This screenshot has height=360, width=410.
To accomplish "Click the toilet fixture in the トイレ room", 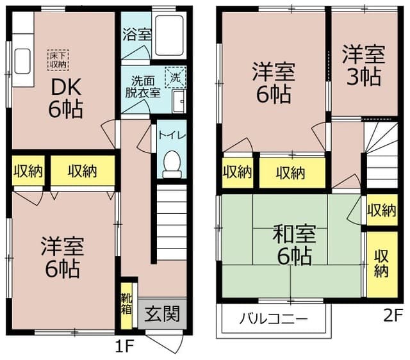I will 171,164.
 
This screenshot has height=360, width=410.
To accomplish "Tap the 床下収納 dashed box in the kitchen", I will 58,60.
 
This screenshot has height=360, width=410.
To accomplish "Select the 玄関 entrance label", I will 161,315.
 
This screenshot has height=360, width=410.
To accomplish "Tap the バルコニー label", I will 274,318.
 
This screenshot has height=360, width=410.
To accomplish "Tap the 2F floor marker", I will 392,315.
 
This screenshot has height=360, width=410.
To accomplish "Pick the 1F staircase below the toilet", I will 170,221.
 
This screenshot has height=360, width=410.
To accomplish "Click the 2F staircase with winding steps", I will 381,151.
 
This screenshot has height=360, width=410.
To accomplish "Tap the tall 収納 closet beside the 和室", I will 381,263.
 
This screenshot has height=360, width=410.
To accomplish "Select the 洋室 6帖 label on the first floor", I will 61,258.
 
